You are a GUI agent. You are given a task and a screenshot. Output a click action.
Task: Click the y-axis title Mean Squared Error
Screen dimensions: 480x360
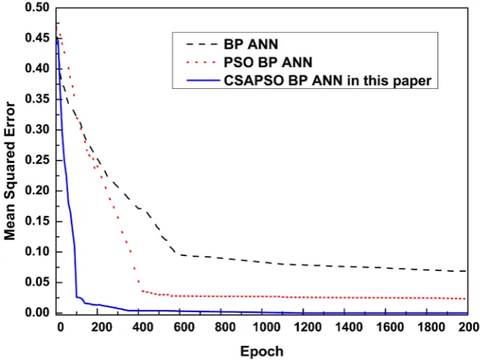[x=10, y=171]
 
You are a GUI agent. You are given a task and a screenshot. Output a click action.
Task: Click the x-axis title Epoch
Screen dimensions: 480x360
[x=262, y=352]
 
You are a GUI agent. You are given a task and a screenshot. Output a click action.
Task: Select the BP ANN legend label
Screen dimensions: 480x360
[x=251, y=44]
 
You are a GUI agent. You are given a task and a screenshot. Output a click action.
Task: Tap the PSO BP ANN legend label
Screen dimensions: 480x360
[x=268, y=63]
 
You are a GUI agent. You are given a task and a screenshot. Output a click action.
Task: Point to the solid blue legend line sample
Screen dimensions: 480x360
[x=203, y=81]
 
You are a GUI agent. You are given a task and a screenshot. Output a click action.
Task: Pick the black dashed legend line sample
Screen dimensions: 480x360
[x=202, y=44]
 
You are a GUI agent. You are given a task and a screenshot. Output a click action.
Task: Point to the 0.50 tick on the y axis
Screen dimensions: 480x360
[x=37, y=7]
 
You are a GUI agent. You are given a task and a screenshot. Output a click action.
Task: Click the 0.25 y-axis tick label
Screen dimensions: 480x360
[x=37, y=161]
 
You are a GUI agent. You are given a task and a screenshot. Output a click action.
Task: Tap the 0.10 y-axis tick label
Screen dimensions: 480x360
[x=37, y=252]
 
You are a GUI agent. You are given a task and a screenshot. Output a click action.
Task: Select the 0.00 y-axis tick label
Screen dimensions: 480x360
[x=37, y=312]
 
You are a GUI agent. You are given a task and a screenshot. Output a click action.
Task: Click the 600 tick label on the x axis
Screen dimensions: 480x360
[x=184, y=327]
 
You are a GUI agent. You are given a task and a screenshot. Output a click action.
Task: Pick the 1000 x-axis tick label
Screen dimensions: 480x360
[x=267, y=327]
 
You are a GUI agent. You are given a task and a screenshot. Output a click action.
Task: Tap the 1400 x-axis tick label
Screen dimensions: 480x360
[x=349, y=327]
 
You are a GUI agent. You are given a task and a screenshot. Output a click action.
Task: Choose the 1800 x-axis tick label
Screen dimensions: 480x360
[x=431, y=327]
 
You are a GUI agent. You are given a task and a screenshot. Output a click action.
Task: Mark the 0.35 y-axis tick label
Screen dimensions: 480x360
[x=37, y=99]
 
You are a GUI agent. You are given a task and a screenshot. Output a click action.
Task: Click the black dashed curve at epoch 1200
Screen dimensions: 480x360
[x=303, y=265]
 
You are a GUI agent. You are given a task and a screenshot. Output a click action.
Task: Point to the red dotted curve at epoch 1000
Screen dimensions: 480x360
[x=262, y=297]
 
